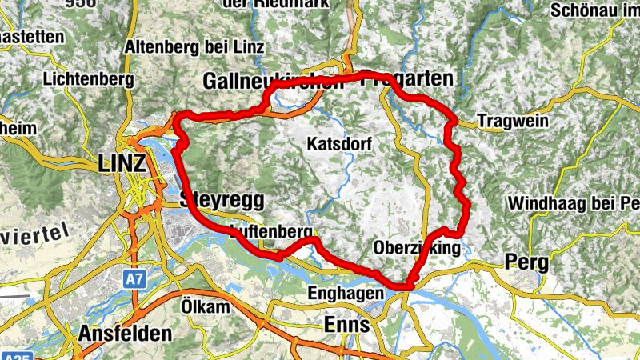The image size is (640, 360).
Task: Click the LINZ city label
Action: [x=122, y=164]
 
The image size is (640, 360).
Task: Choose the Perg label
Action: [x=525, y=262]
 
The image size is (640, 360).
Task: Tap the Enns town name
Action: [x=346, y=325]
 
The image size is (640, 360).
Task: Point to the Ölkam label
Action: [x=205, y=307]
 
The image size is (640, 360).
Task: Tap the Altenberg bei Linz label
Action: [x=194, y=47]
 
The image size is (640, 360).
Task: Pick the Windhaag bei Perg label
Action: [x=573, y=202]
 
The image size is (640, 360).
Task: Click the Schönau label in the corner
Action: [x=595, y=11]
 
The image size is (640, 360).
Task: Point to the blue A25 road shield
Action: [x=16, y=355]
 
